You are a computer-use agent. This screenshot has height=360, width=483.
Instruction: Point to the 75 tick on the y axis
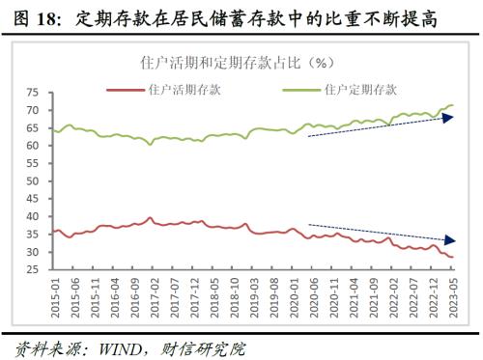[33, 93]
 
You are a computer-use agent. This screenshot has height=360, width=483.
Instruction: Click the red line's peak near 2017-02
[150, 218]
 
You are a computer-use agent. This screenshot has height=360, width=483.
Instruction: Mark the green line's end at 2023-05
[453, 105]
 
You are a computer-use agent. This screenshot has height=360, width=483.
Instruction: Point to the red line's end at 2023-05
[453, 257]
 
